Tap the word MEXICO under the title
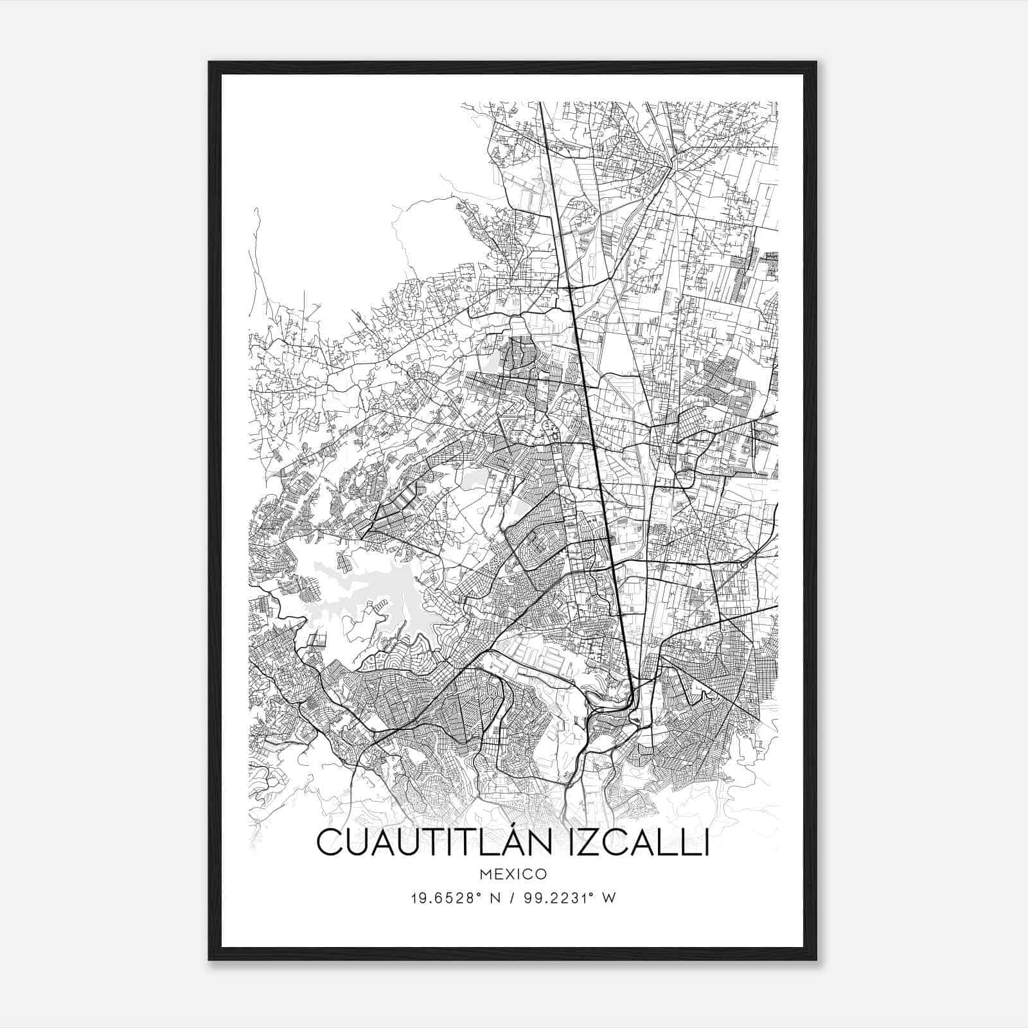pos(513,874)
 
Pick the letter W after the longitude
pos(609,898)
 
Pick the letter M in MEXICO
pos(483,874)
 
